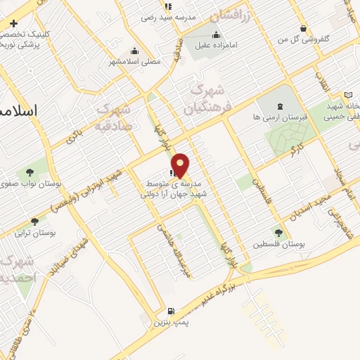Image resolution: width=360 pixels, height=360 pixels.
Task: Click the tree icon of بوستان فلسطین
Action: (x=279, y=232)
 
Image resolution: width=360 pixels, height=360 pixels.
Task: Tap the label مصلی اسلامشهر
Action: (x=134, y=62)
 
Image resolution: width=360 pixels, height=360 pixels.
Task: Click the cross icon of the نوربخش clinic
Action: (x=13, y=23)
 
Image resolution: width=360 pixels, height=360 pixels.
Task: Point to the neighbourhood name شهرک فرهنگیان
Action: (x=207, y=98)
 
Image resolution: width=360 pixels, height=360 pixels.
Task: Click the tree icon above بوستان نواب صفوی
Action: (x=30, y=172)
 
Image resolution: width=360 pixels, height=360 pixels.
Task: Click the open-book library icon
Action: (x=348, y=95)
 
